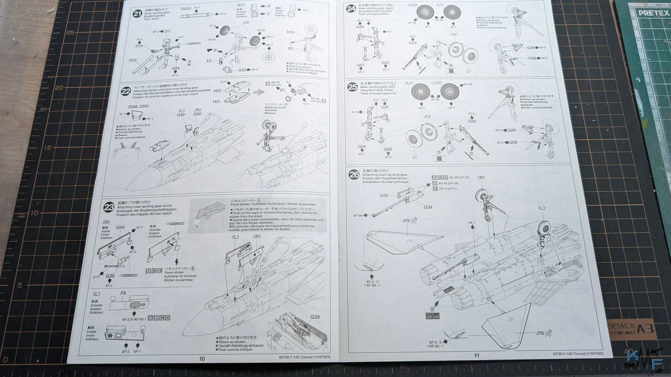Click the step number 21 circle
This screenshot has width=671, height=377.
[137, 14]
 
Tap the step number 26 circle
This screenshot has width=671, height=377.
[354, 175]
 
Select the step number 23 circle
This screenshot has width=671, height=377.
[109, 207]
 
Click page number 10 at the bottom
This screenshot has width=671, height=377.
[202, 359]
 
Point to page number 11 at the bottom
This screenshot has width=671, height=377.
[477, 356]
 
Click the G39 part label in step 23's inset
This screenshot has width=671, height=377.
[315, 317]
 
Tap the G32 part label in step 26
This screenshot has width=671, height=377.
[384, 195]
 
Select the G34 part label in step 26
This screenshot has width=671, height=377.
[428, 207]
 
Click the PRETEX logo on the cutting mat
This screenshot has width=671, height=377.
[653, 14]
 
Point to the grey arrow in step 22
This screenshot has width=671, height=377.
[259, 92]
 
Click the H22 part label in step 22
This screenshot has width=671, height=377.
[217, 91]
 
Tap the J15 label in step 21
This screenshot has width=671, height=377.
[246, 23]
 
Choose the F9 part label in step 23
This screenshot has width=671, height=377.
[123, 293]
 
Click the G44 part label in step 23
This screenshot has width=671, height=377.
[120, 227]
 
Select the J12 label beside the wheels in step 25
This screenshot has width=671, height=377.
[427, 117]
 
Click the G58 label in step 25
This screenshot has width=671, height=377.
[388, 149]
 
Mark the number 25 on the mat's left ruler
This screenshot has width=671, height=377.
[70, 33]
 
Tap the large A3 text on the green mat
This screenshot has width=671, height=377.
[645, 329]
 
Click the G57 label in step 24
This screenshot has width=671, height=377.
[361, 65]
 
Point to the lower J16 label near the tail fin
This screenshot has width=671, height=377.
[540, 333]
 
